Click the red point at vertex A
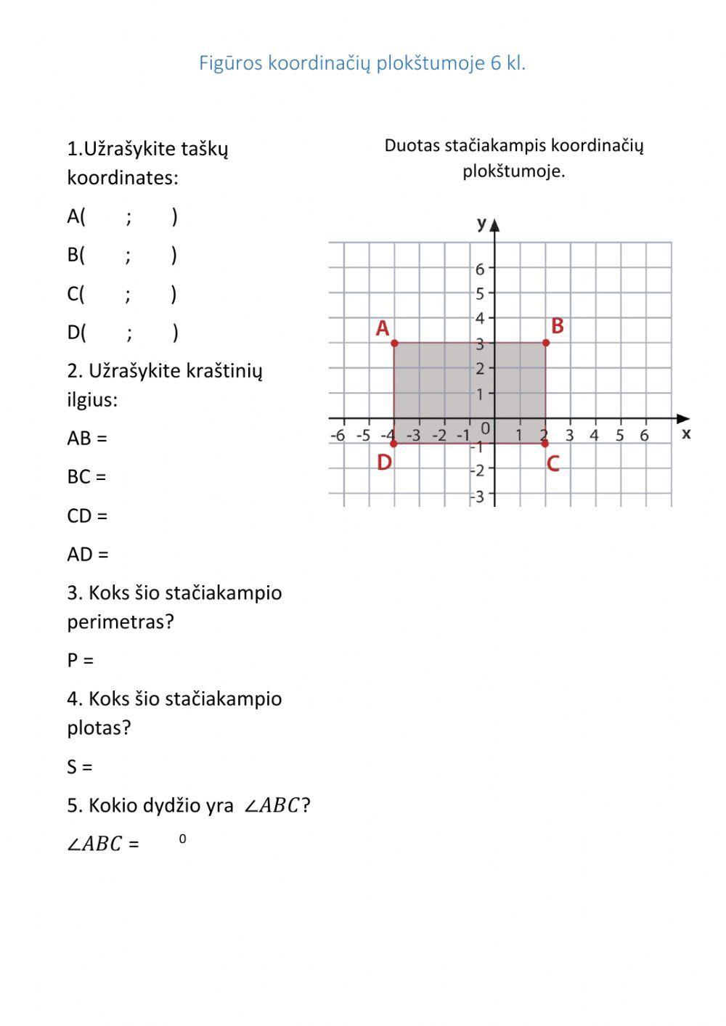(x=394, y=343)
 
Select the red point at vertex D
(x=394, y=443)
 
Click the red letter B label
(x=558, y=327)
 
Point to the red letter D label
(x=384, y=463)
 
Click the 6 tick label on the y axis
(x=480, y=269)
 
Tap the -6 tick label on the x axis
(x=338, y=436)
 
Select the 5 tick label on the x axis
(x=619, y=436)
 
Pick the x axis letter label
(x=686, y=434)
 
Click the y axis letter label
(x=481, y=223)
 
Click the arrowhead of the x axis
(x=682, y=419)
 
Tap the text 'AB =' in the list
(x=87, y=439)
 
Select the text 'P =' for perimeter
(x=81, y=661)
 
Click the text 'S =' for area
(x=80, y=767)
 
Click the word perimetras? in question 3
(x=121, y=622)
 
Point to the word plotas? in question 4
(x=99, y=728)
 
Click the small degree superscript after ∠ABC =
(x=182, y=839)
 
